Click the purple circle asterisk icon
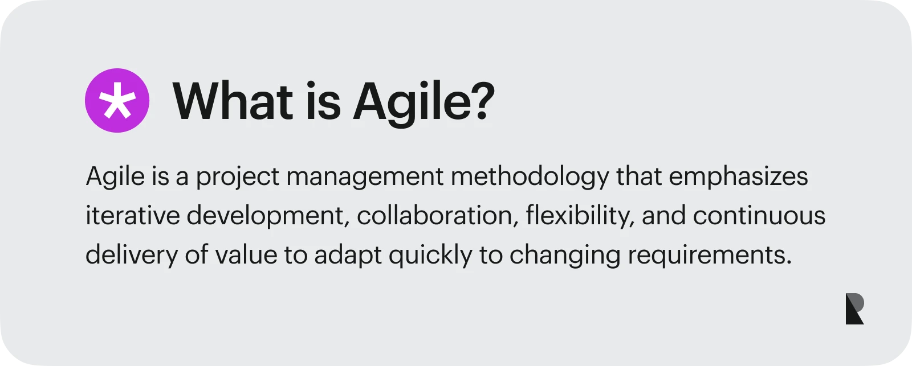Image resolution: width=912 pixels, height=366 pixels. click(x=117, y=101)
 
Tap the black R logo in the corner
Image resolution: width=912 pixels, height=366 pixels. click(x=854, y=310)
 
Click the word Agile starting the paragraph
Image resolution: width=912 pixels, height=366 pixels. click(x=115, y=177)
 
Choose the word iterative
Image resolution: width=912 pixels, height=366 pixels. click(x=133, y=216)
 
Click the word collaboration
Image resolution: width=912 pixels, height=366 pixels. click(x=438, y=216)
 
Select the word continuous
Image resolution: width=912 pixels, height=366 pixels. click(x=759, y=216)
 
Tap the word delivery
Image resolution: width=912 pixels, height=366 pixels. click(x=132, y=256)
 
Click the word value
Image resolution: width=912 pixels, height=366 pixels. click(x=246, y=254)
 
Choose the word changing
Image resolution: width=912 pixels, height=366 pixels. click(x=565, y=256)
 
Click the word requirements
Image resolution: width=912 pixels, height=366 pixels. click(x=710, y=256)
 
